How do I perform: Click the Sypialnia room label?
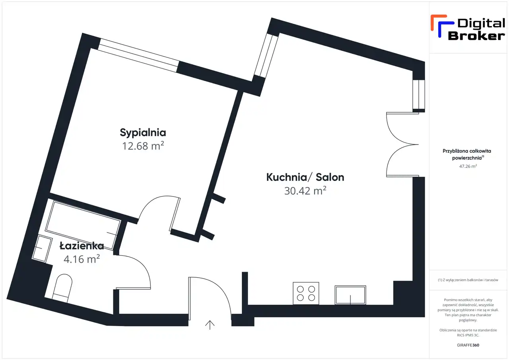click(x=143, y=133)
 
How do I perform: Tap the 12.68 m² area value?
click(x=143, y=146)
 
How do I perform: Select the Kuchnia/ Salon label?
click(x=305, y=177)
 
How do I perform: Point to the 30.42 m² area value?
click(x=305, y=191)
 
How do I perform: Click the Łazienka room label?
click(x=82, y=246)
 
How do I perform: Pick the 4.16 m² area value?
click(x=82, y=259)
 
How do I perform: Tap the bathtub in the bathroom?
click(x=83, y=225)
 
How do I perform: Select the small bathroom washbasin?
click(x=42, y=249)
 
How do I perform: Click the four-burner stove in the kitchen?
click(x=306, y=293)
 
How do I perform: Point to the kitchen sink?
click(x=350, y=295)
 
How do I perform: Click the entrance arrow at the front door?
click(x=210, y=325)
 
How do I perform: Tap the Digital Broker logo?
click(x=468, y=27)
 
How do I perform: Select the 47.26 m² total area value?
click(x=468, y=166)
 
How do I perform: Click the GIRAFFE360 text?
click(x=468, y=345)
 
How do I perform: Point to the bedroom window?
click(x=138, y=55)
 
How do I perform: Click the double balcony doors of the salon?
click(x=402, y=144)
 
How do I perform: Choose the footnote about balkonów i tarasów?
click(x=468, y=280)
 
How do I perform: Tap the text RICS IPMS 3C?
click(x=468, y=335)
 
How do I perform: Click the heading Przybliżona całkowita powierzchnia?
click(x=467, y=154)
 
